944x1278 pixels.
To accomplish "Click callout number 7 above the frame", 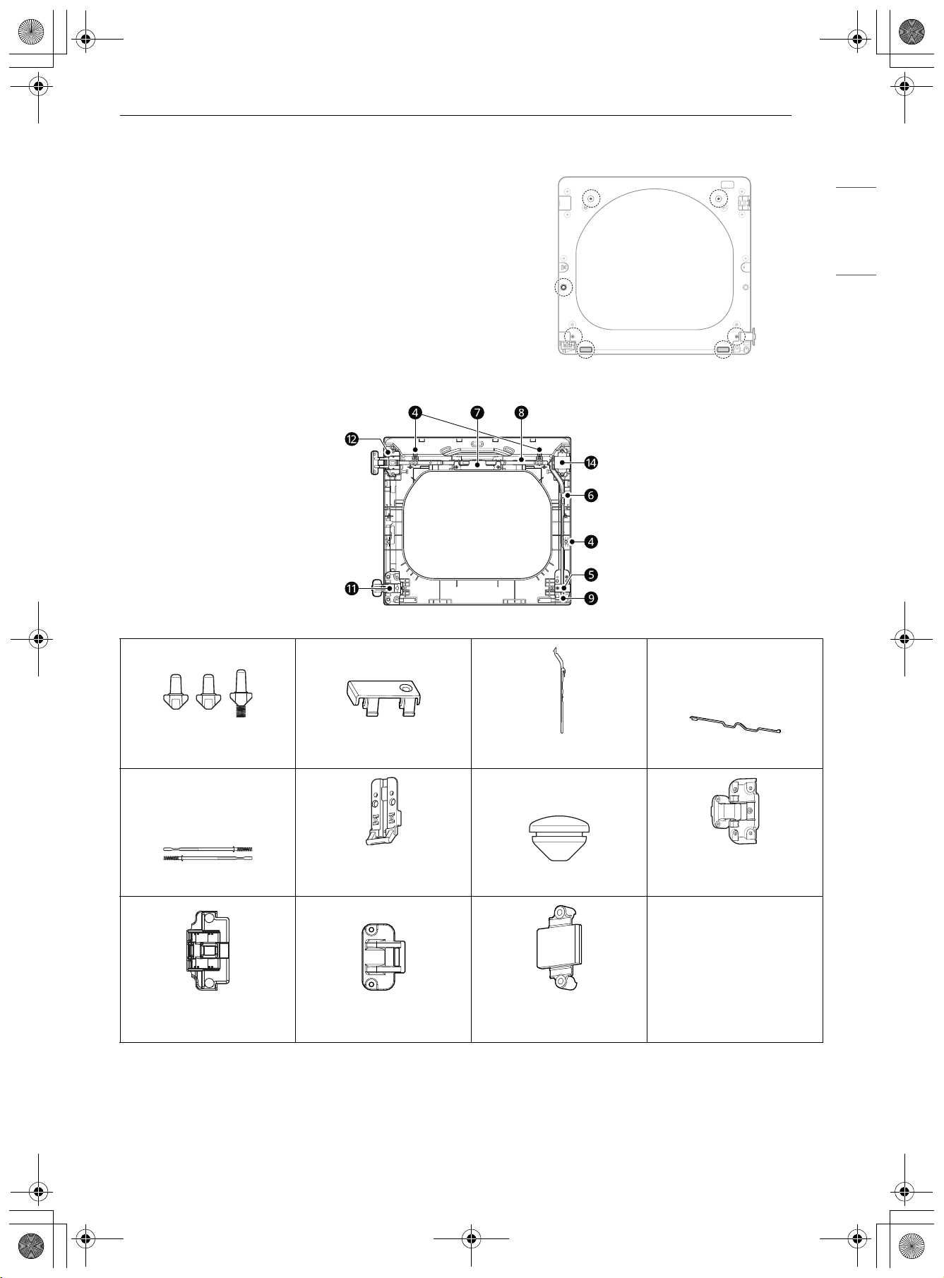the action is point(477,412).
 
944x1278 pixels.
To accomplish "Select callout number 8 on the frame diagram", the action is point(521,412).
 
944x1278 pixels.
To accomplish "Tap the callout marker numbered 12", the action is point(352,439).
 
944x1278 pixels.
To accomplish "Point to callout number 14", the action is point(591,463).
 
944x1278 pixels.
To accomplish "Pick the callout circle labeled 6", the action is point(591,496).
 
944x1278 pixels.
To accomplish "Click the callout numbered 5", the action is point(591,575).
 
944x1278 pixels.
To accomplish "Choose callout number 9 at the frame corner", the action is point(591,599).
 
